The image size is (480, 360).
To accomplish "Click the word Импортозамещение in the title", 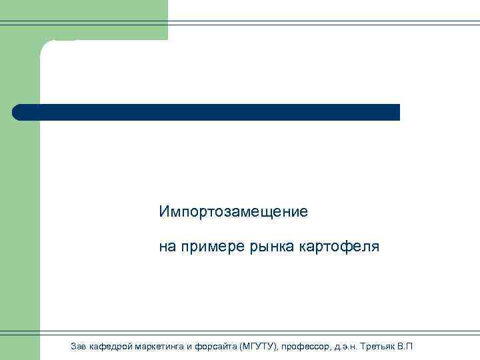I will point(233,213).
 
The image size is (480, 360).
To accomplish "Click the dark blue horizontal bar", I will point(207,112).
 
